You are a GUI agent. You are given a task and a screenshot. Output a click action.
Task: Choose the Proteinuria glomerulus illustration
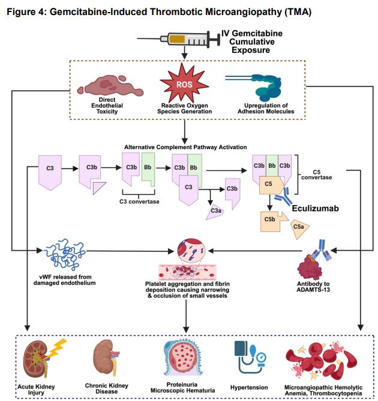tap(186, 358)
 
